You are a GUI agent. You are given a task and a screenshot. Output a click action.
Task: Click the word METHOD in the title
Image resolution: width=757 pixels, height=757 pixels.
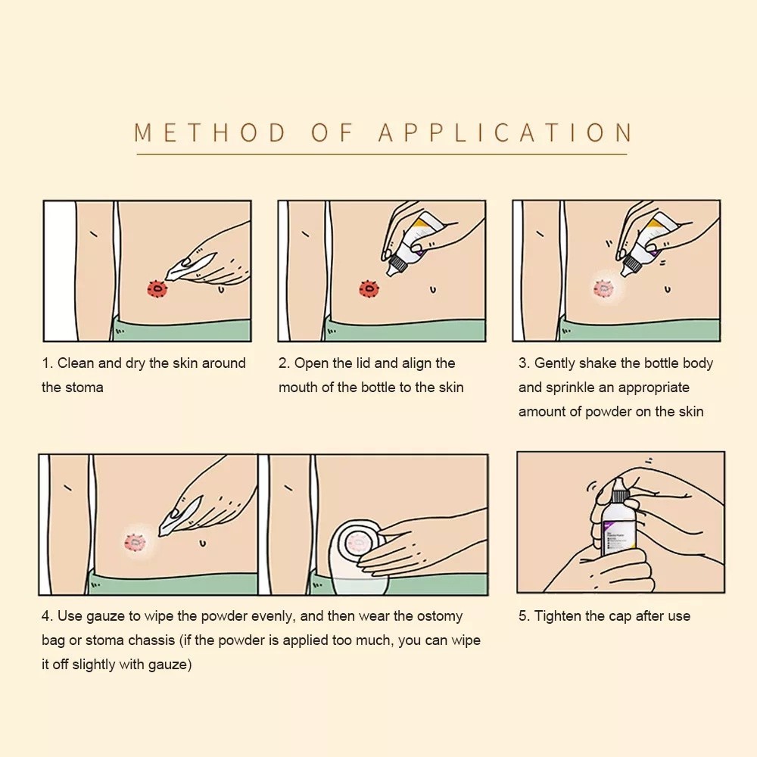point(210,132)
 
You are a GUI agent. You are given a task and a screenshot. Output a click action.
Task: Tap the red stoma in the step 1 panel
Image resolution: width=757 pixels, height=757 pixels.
point(157,289)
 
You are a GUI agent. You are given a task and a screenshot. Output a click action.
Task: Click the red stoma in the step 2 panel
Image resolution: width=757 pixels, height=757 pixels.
point(369,289)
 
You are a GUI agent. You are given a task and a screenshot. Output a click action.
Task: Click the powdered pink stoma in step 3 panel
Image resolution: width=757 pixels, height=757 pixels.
point(603,288)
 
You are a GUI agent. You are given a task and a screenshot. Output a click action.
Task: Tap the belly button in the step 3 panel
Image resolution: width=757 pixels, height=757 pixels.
point(667,290)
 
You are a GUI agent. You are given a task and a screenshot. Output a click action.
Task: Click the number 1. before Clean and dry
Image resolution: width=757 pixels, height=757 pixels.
point(47,363)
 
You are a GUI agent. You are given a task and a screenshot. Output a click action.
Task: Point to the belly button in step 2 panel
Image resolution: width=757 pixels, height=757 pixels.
point(432,290)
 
